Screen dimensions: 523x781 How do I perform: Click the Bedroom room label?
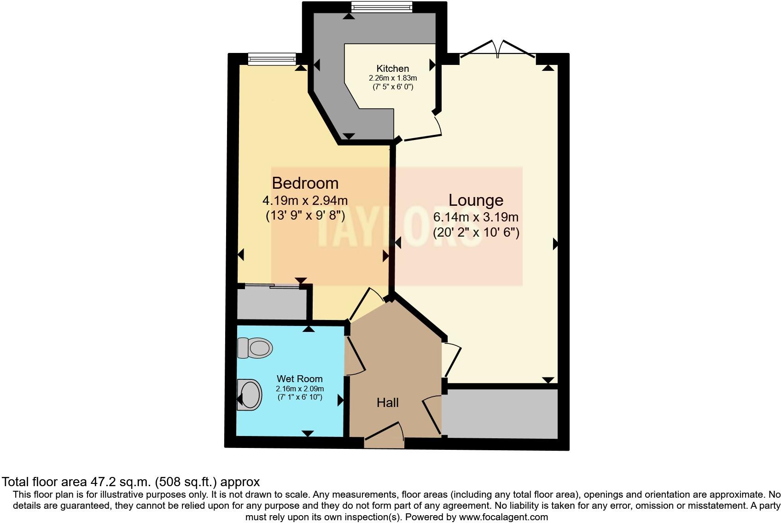[x=305, y=183]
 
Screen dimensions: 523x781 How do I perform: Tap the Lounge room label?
[x=476, y=200]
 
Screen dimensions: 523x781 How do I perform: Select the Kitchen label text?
[x=392, y=69]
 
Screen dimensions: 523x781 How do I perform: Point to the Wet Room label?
[x=299, y=379]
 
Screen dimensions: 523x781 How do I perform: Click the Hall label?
[x=387, y=403]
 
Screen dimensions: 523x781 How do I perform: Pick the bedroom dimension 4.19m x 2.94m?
[x=305, y=201]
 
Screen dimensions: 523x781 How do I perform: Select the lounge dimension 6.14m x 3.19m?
[x=476, y=217]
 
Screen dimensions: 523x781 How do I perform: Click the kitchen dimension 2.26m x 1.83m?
[x=392, y=78]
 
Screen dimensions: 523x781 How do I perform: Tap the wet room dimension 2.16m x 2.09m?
[x=299, y=389]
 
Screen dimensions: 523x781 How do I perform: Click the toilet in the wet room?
[x=254, y=348]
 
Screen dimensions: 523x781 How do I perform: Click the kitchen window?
[x=381, y=7]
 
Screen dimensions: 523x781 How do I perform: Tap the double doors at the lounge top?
[x=497, y=50]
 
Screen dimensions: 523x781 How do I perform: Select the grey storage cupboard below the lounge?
[x=501, y=413]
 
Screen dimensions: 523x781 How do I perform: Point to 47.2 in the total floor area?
[x=102, y=482]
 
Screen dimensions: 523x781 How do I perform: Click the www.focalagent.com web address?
[x=503, y=517]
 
